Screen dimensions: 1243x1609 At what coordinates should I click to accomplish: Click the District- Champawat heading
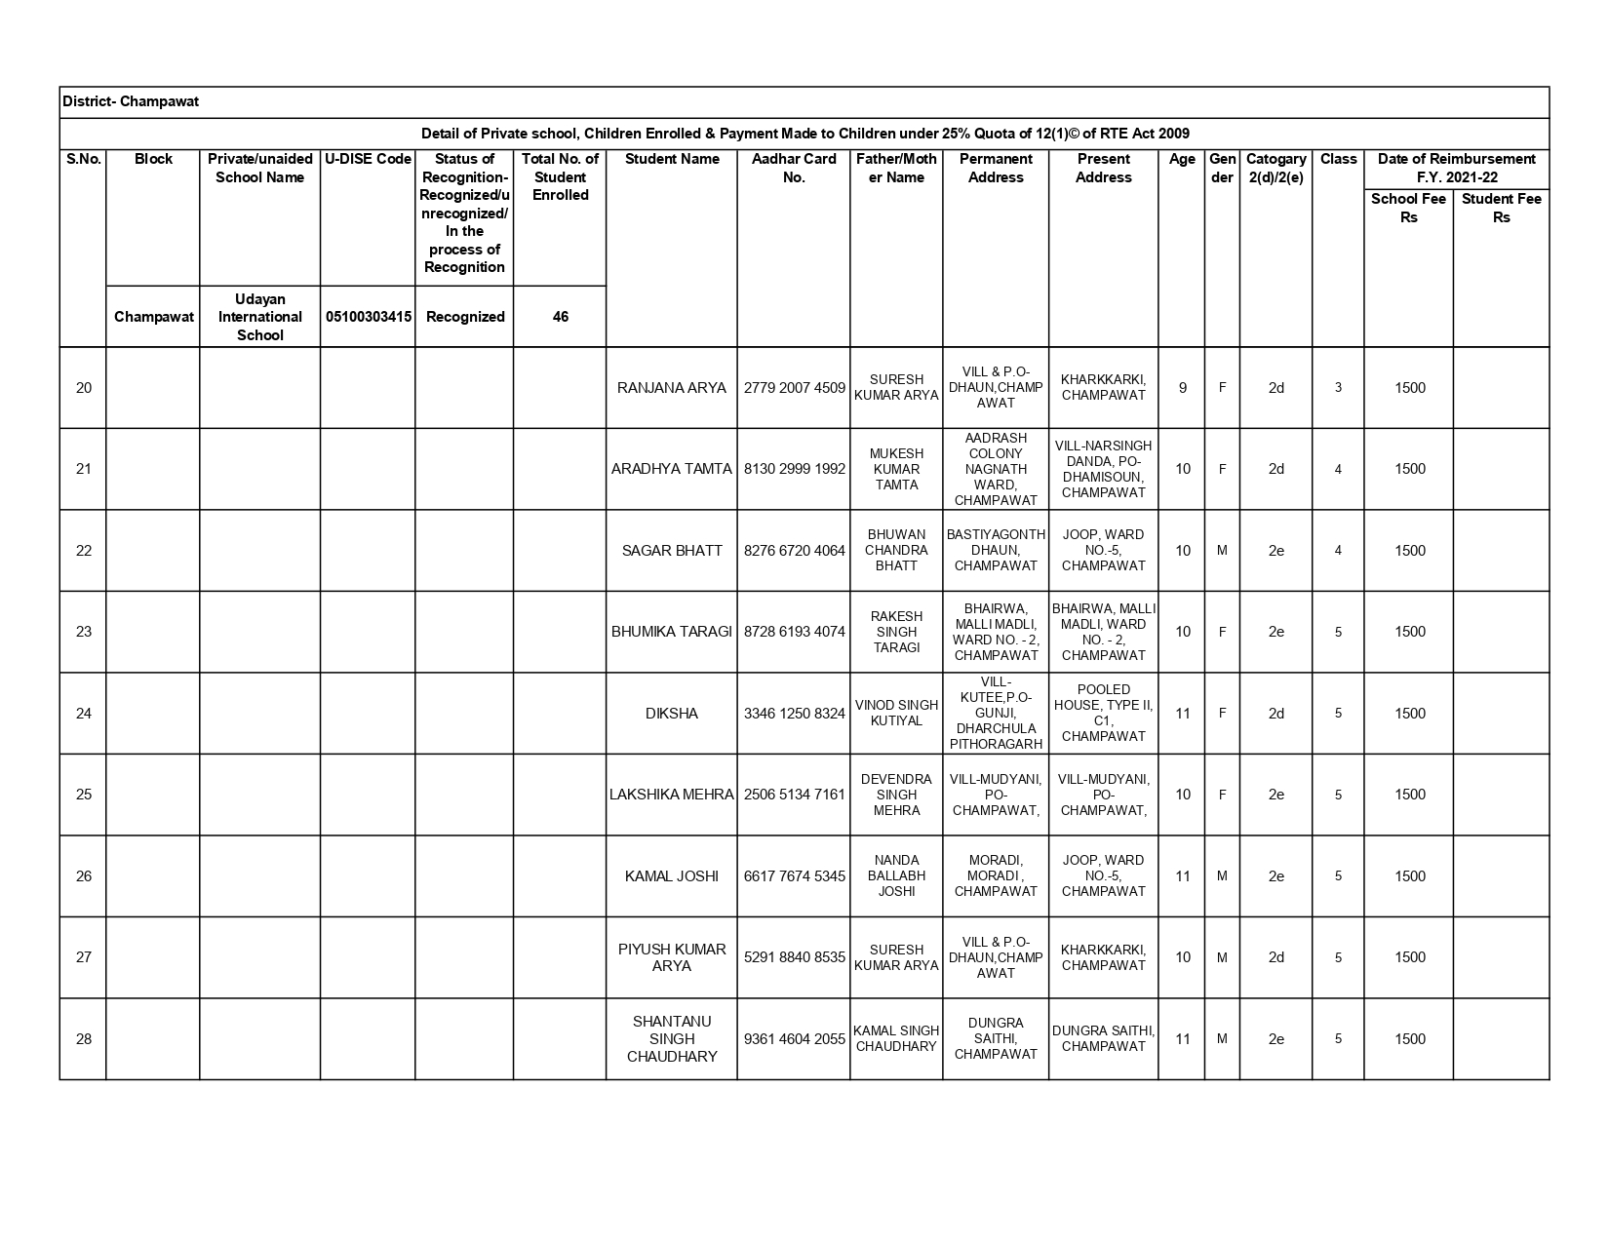(x=131, y=101)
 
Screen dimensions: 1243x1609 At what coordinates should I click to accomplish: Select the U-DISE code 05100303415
(x=368, y=317)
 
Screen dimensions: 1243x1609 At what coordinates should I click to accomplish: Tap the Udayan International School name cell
(x=259, y=317)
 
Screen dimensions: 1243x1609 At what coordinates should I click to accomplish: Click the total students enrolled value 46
(x=560, y=317)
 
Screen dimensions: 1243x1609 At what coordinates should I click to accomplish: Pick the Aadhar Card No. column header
(x=794, y=168)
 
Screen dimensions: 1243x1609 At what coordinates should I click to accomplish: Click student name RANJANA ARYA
(x=671, y=388)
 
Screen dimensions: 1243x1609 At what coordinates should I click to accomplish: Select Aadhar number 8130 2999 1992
(x=794, y=469)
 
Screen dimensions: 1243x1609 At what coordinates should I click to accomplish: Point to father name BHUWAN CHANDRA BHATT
(x=896, y=550)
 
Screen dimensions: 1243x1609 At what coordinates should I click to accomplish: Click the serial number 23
(x=84, y=632)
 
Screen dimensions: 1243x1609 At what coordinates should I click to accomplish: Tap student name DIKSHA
(x=671, y=714)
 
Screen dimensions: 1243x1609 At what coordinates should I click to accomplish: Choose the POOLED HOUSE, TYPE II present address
(x=1103, y=713)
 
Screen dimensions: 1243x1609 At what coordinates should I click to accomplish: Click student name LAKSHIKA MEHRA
(x=671, y=795)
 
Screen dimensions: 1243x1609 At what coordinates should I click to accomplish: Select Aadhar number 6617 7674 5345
(x=794, y=876)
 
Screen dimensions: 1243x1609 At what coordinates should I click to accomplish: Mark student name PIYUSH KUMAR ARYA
(x=671, y=957)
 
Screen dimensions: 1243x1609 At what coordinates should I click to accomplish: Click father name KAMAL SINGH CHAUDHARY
(x=896, y=1038)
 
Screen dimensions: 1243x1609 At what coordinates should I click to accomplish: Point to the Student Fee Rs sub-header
(x=1501, y=208)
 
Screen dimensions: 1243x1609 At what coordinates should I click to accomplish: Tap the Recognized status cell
(x=465, y=317)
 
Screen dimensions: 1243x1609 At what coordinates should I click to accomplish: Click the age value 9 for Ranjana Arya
(x=1182, y=388)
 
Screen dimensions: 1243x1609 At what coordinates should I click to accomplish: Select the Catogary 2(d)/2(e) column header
(x=1275, y=168)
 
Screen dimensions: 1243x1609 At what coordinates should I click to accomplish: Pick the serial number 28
(x=84, y=1039)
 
